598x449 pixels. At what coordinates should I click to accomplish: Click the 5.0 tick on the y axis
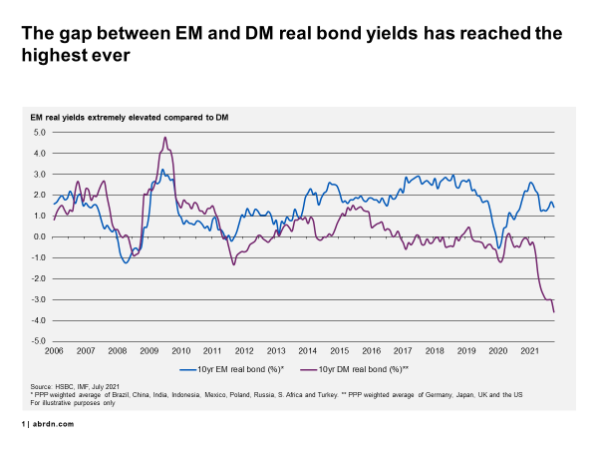(41, 132)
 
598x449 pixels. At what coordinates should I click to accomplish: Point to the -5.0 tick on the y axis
(40, 341)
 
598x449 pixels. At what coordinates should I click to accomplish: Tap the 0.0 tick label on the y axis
(41, 236)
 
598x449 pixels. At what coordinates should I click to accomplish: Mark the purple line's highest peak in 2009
(164, 138)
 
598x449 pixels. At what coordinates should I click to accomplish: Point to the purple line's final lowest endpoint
(554, 312)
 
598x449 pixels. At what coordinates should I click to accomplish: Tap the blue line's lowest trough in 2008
(126, 261)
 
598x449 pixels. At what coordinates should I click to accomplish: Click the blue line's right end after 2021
(554, 207)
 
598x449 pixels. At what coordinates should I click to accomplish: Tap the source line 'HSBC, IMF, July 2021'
(90, 385)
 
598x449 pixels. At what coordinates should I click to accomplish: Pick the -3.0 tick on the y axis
(40, 299)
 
